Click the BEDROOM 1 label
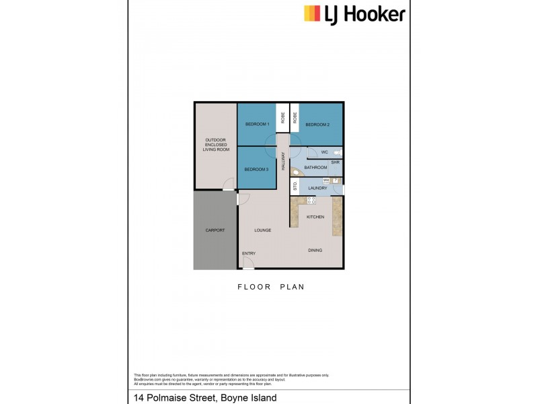pos(257,125)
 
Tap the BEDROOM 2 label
pos(317,125)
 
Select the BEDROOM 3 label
pos(257,169)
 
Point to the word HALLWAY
pos(284,159)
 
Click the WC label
pos(324,153)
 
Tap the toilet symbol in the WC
pos(337,153)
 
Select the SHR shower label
pos(334,162)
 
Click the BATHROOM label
pos(315,168)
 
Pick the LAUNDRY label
pos(317,189)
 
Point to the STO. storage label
pos(295,187)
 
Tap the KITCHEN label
pos(315,217)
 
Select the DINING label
pos(315,250)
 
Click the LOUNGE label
pos(262,230)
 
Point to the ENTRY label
pos(249,253)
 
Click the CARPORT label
pos(215,230)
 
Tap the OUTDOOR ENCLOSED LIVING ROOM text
pos(215,145)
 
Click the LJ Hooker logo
pos(355,14)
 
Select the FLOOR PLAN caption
pos(271,287)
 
